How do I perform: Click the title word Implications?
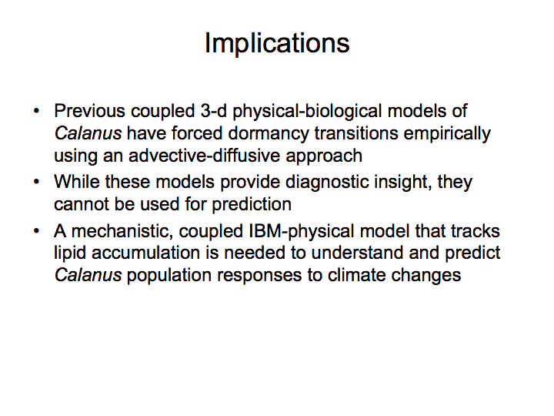click(x=277, y=44)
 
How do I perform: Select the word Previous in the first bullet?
click(x=90, y=111)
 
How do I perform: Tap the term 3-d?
click(x=214, y=111)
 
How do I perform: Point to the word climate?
click(x=356, y=275)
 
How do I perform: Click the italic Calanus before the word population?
click(x=88, y=275)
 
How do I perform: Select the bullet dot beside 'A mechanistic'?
click(x=36, y=231)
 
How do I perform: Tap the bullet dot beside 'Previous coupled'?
click(x=36, y=111)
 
